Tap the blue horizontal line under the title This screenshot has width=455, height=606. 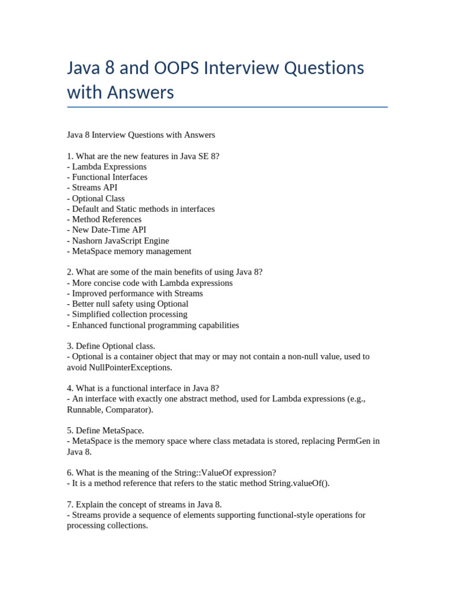[x=227, y=107]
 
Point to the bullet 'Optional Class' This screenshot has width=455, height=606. [x=96, y=198]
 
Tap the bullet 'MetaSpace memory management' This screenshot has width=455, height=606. [x=129, y=251]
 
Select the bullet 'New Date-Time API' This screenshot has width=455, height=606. [x=107, y=230]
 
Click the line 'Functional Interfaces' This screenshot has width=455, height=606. [x=107, y=177]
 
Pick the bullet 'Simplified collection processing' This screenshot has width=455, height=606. [x=127, y=314]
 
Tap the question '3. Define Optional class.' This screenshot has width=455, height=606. [x=111, y=346]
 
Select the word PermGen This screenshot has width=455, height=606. [x=353, y=441]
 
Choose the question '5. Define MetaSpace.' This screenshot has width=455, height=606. [x=105, y=430]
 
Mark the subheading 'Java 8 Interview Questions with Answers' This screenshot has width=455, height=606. [x=141, y=135]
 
